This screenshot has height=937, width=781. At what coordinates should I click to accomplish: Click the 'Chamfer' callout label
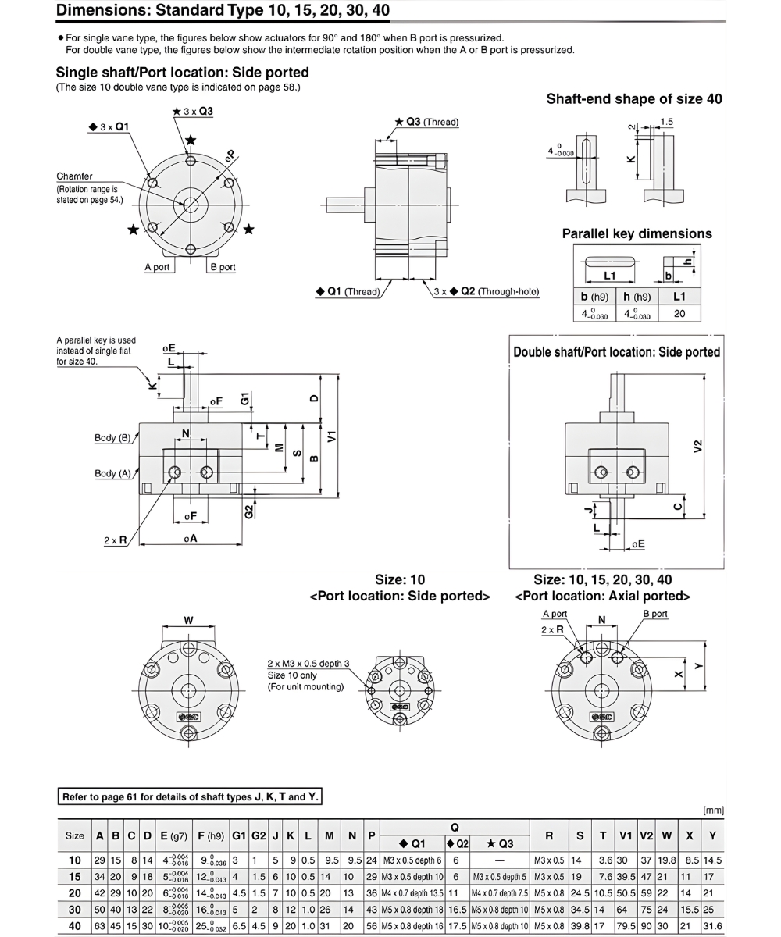75,176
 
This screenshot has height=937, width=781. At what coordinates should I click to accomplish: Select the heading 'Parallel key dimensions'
637,233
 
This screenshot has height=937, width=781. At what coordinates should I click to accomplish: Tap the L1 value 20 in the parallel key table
679,313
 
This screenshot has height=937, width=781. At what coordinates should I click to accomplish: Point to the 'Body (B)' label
112,438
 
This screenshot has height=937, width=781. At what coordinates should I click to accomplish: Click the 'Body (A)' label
112,473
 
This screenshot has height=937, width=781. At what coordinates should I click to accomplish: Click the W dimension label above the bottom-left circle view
188,621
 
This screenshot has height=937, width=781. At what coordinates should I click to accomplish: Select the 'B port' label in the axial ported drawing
655,614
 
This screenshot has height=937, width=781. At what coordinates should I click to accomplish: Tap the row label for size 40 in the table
74,926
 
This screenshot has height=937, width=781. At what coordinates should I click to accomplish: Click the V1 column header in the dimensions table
626,835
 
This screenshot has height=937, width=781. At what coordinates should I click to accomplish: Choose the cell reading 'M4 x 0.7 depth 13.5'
412,893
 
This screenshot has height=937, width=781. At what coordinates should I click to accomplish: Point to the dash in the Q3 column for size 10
498,860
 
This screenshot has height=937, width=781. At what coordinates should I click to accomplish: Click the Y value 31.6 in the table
711,926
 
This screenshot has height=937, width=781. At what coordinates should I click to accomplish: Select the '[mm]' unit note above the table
713,811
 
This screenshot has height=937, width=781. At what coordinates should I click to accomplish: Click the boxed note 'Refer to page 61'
190,797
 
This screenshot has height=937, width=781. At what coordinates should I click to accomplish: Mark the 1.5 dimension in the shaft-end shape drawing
667,122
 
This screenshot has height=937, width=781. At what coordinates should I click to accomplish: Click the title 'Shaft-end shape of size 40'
633,99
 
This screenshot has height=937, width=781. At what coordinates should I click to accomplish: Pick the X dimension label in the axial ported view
678,673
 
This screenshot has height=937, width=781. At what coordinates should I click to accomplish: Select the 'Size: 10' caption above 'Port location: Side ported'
400,580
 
